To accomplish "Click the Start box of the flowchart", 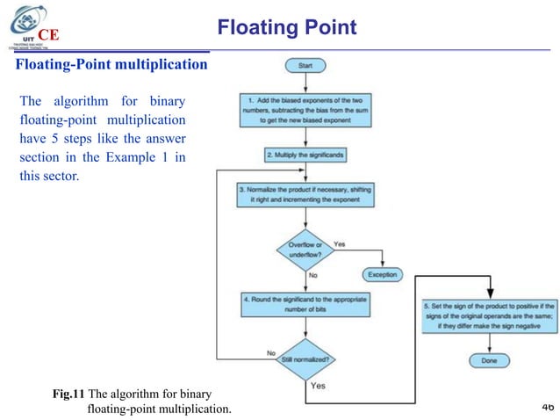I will [305, 65].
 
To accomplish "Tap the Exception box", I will [382, 273].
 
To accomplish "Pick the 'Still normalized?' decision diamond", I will [305, 357].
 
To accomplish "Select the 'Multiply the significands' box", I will [305, 154].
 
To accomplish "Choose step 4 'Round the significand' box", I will [305, 304].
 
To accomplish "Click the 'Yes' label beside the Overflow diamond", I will [340, 243].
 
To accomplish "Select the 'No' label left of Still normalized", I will [271, 353].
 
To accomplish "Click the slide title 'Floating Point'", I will [286, 27].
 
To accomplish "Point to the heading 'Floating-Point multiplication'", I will [111, 65].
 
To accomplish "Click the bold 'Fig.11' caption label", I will [69, 394].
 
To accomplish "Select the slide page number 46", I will [548, 406].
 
